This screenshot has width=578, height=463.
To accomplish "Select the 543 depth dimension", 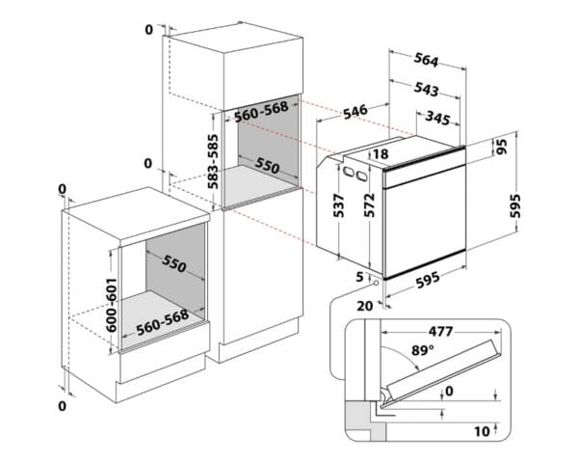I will tap(426, 91).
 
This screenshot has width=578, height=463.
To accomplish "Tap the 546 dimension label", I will tap(355, 112).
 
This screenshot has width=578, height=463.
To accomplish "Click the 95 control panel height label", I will tap(501, 148).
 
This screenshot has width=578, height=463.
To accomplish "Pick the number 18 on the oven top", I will tap(381, 153).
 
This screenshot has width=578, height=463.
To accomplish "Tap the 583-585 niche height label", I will tap(213, 159).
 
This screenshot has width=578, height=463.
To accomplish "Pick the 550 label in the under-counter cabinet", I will tap(174, 264).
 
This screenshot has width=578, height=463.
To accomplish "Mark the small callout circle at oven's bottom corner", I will tap(372, 286).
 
